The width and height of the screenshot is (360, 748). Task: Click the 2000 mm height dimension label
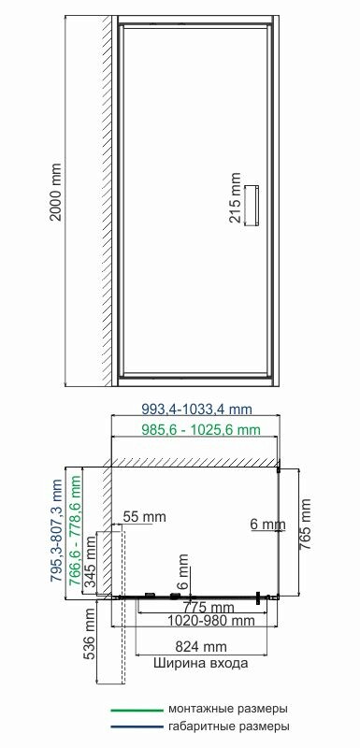click(x=56, y=192)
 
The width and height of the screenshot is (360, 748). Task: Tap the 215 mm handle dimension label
click(x=236, y=204)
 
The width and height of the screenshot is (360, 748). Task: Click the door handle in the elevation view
click(x=252, y=204)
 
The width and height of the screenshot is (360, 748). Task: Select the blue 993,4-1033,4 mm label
click(x=197, y=410)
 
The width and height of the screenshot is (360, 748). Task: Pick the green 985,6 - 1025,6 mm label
click(x=201, y=430)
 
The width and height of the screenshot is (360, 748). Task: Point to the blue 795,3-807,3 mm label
click(x=57, y=531)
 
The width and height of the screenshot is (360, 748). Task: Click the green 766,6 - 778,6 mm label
click(x=75, y=531)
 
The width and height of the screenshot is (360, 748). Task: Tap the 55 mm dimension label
click(x=145, y=516)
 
